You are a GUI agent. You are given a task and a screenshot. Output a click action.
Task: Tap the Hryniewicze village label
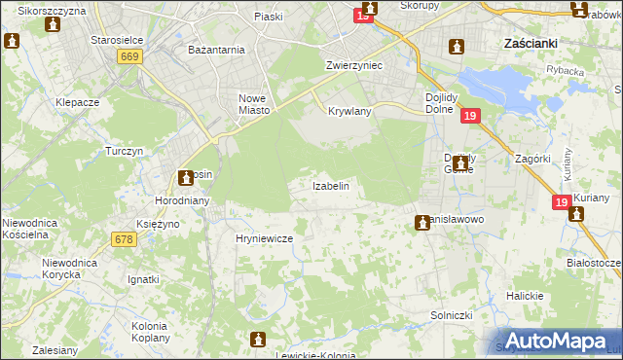click(x=258, y=238)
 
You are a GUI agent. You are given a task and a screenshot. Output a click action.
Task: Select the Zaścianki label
click(x=531, y=44)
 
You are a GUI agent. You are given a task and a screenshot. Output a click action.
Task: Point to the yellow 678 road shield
click(x=124, y=239)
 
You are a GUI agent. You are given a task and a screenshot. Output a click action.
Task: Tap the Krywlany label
click(x=350, y=111)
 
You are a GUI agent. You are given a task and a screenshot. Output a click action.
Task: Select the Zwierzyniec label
click(x=353, y=65)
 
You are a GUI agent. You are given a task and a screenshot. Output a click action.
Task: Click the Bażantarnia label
click(x=216, y=49)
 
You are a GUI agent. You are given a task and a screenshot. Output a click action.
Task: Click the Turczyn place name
click(x=126, y=152)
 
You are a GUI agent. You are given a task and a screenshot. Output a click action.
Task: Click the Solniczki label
click(x=452, y=315)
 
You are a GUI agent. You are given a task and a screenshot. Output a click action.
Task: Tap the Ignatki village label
click(x=143, y=279)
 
